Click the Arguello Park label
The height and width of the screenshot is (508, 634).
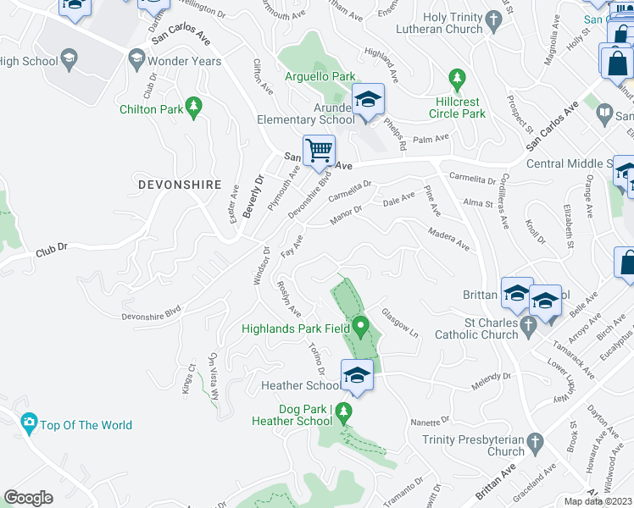click(x=320, y=77)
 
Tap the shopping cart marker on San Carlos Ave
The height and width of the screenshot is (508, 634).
click(x=320, y=151)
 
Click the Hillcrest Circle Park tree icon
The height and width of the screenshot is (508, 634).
click(x=458, y=78)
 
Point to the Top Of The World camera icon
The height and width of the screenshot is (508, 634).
click(x=29, y=423)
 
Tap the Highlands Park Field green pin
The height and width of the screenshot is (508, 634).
click(x=361, y=325)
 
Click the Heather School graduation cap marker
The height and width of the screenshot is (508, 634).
click(x=358, y=375)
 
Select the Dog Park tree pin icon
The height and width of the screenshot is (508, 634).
click(x=343, y=413)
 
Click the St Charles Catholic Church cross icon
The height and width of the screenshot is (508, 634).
click(x=528, y=324)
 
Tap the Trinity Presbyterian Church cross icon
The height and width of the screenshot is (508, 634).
click(x=534, y=442)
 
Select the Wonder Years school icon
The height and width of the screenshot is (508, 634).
click(x=136, y=59)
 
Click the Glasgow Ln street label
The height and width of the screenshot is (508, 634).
click(x=400, y=324)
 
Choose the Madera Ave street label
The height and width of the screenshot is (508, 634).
click(x=448, y=239)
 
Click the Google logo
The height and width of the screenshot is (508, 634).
click(x=28, y=497)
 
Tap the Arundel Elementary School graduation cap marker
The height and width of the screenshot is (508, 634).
click(x=369, y=100)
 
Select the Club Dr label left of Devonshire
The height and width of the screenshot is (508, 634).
click(x=51, y=252)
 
